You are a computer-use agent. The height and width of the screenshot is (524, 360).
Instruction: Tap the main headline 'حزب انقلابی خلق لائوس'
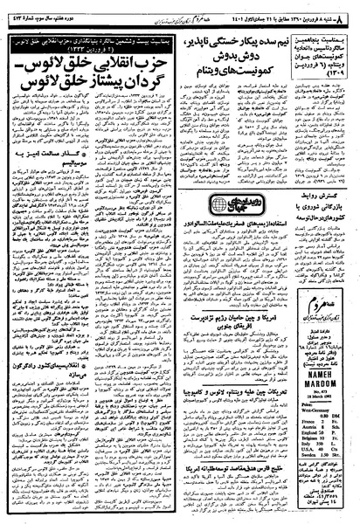coord(70,65)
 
